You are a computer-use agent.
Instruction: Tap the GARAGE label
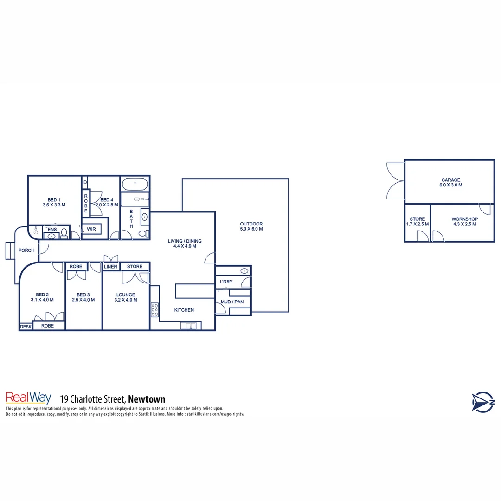point(450,182)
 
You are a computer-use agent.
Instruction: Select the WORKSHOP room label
point(464,221)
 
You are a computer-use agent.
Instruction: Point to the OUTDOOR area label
point(251,226)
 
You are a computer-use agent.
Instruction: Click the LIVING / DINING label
point(185,243)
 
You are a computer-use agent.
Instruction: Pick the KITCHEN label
point(184,310)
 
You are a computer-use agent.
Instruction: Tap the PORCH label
point(26,250)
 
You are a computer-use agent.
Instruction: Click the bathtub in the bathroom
point(135,184)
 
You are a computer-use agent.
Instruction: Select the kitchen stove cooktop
point(155,309)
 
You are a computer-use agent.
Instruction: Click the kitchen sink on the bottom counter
point(188,326)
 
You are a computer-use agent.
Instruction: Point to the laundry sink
point(244,271)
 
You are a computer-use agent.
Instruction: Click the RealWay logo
point(28,398)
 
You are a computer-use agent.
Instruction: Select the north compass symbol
point(483,401)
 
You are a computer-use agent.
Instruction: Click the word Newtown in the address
point(147,399)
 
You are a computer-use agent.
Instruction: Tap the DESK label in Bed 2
point(26,327)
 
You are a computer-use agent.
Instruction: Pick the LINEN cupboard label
point(111,267)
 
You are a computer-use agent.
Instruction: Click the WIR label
point(91,229)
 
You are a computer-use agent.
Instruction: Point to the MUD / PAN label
point(232,302)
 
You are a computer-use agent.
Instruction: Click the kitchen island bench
point(193,291)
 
